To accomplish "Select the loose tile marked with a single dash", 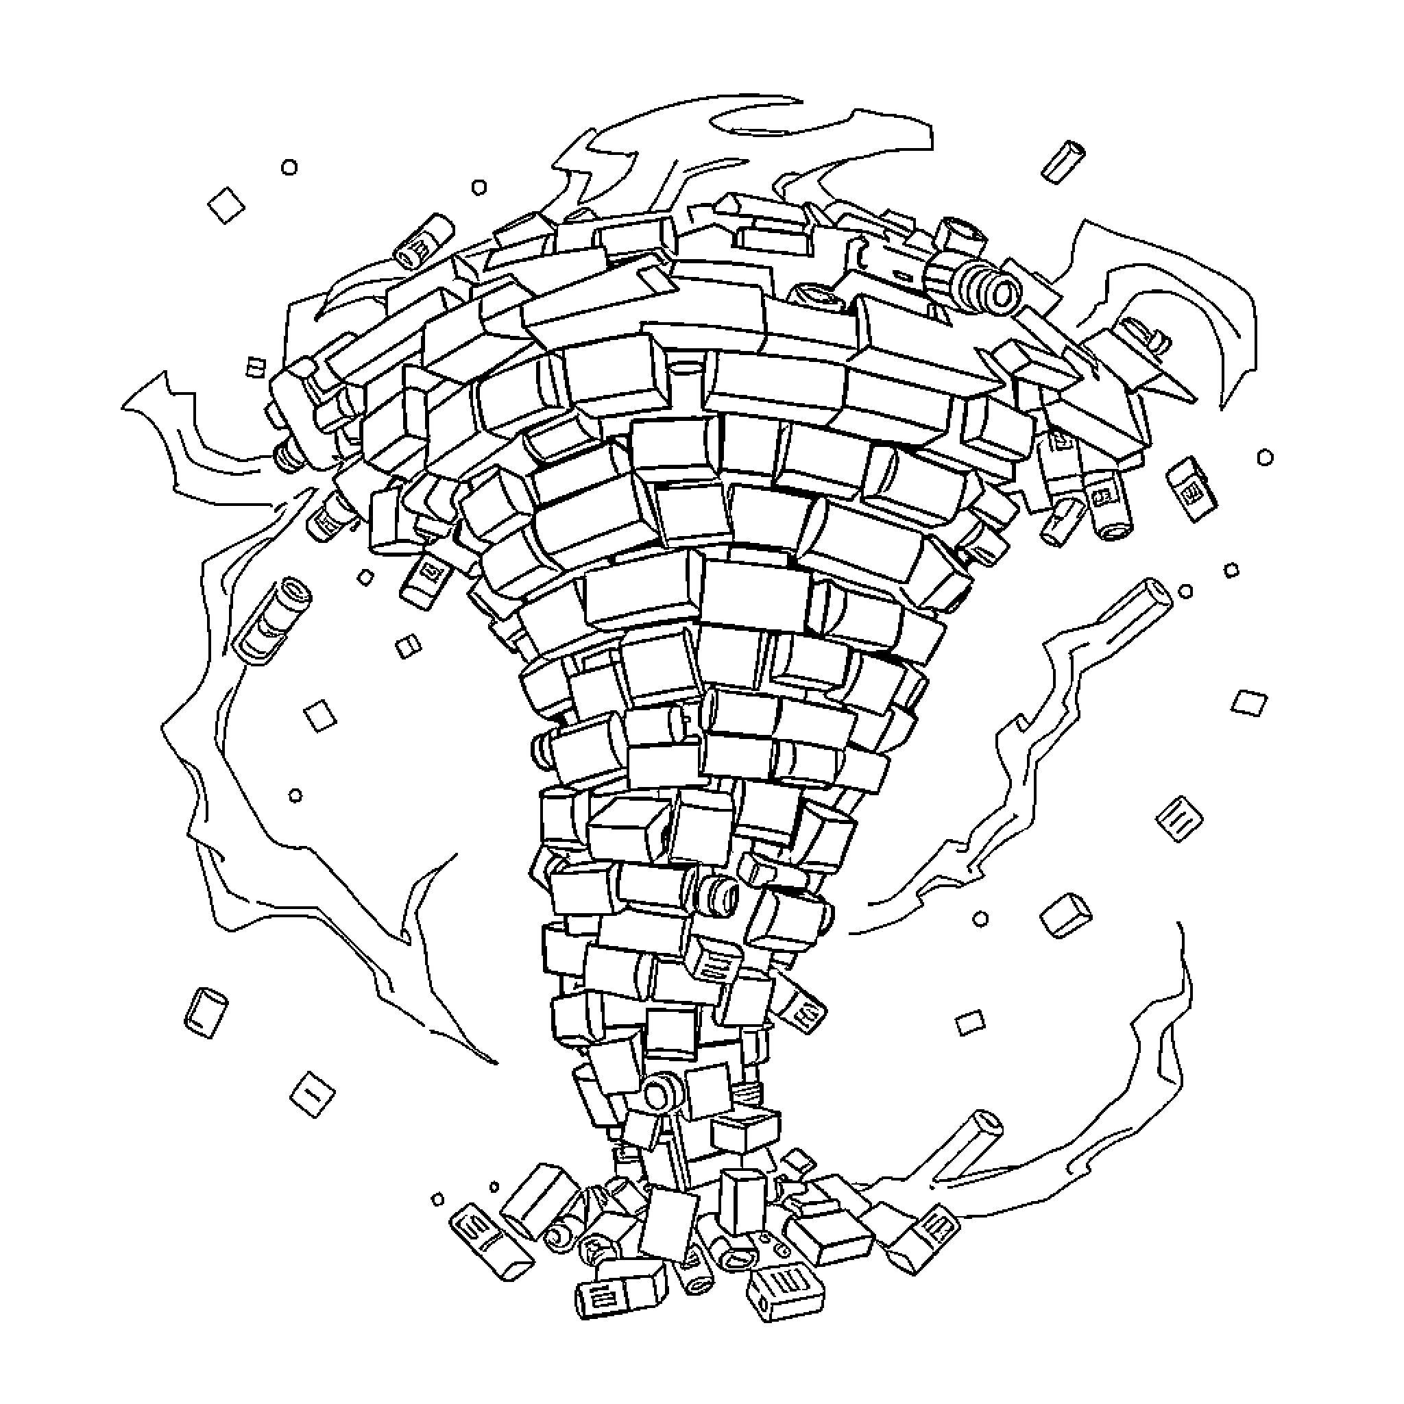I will (312, 1095).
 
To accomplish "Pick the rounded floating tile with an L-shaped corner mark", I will (207, 1011).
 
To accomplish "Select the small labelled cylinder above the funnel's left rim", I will (423, 240).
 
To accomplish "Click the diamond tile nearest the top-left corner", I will (226, 206).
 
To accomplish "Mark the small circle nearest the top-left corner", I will (289, 168).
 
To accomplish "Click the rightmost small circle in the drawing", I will (1266, 457).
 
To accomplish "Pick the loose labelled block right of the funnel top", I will (1191, 487).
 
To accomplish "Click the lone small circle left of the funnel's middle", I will (295, 796).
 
